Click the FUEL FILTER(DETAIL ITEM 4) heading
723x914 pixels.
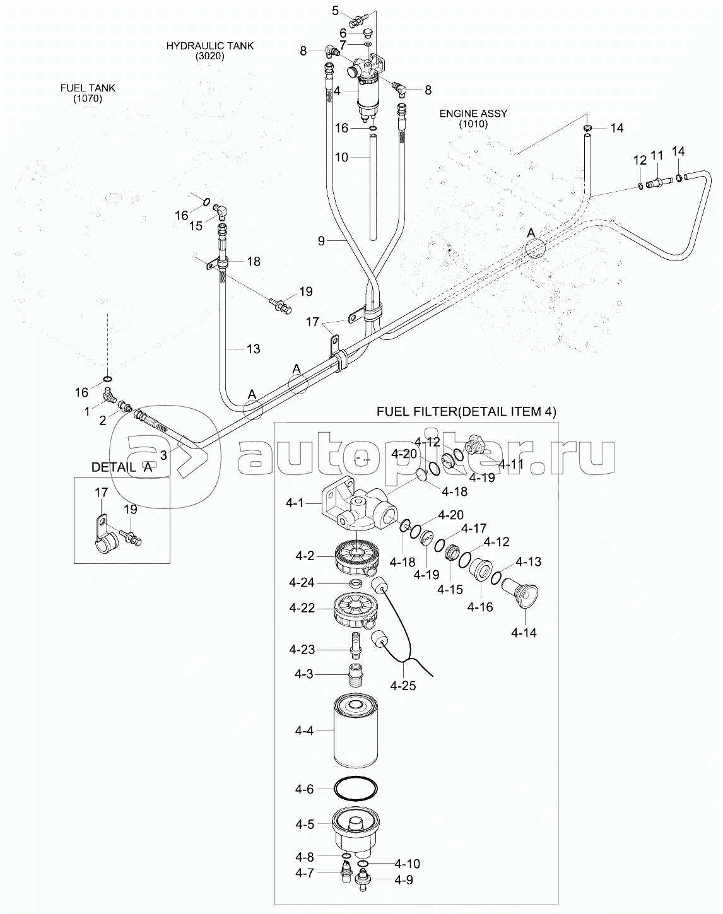(466, 411)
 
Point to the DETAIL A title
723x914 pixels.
(122, 467)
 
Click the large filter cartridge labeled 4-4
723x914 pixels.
(356, 730)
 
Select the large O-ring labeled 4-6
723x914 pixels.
(356, 788)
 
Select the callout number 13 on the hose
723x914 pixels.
(253, 349)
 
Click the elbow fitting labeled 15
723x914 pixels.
(220, 210)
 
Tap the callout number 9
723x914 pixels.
(321, 241)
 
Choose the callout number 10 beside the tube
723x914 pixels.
(341, 157)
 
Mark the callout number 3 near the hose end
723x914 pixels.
(163, 455)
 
